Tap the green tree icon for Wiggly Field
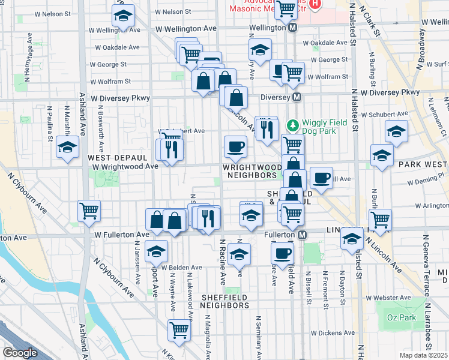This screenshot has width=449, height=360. tap(293, 125)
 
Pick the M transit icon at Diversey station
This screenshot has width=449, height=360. tap(296, 97)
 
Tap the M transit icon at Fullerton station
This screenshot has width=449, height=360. tap(303, 234)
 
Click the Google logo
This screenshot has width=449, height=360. tap(20, 353)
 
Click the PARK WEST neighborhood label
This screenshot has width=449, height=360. tap(423, 164)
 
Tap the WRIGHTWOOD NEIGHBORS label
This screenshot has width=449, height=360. tap(252, 171)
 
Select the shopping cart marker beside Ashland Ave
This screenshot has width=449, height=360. tap(89, 211)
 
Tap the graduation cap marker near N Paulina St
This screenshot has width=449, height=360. tap(67, 146)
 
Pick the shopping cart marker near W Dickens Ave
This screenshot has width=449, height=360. tap(179, 329)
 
